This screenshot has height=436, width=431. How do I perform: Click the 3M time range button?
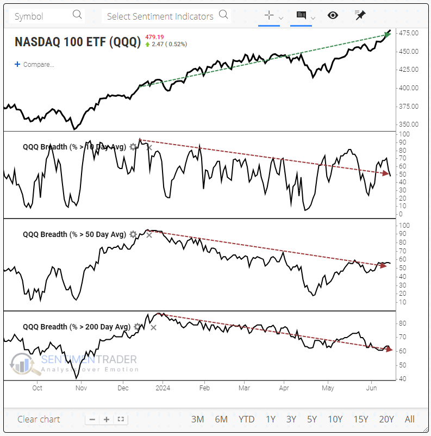pos(197,419)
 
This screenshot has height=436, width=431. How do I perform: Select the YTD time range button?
pos(246,419)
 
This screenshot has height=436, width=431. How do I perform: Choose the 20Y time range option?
pos(386,419)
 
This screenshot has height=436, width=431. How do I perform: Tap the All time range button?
pos(410,419)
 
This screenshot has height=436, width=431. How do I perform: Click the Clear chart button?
pos(39,419)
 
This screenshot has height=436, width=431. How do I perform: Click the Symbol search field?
pos(48,16)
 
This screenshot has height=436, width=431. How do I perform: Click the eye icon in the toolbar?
pos(333,15)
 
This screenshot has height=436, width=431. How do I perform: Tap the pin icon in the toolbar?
pos(360,15)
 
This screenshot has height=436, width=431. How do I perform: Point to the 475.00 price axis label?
pos(408,33)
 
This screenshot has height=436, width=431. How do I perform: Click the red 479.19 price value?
pos(154,37)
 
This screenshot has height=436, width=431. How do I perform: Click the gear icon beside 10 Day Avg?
pos(133,147)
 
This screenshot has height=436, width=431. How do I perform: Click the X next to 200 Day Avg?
pos(153,327)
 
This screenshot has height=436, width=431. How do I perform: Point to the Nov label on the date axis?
pos(81,388)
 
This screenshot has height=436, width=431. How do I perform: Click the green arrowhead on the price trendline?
pos(385,35)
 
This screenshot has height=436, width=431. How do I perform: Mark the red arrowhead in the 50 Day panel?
pos(385,265)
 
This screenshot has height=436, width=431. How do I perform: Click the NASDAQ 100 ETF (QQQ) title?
pos(78,42)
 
